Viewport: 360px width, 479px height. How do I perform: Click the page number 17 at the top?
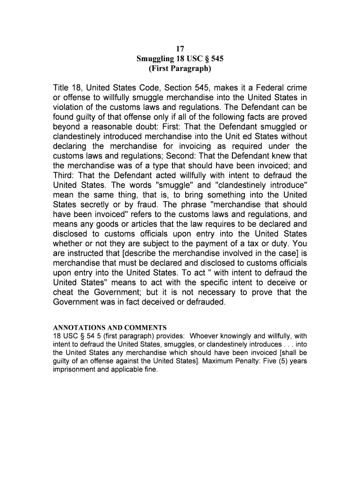point(180,49)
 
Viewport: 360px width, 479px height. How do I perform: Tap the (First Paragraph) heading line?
point(180,69)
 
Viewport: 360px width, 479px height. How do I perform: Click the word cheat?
point(65,292)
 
